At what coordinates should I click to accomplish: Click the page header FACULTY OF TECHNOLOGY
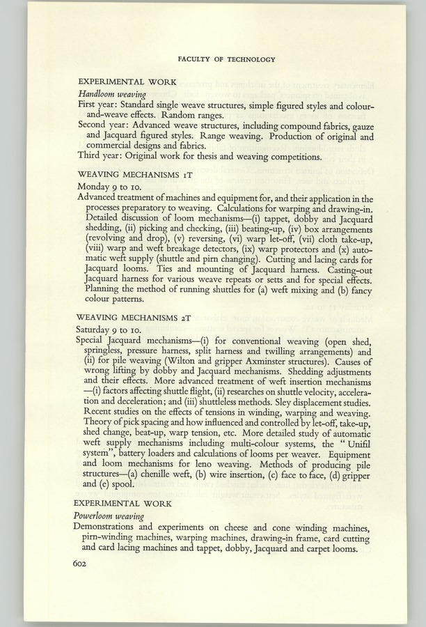226,60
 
